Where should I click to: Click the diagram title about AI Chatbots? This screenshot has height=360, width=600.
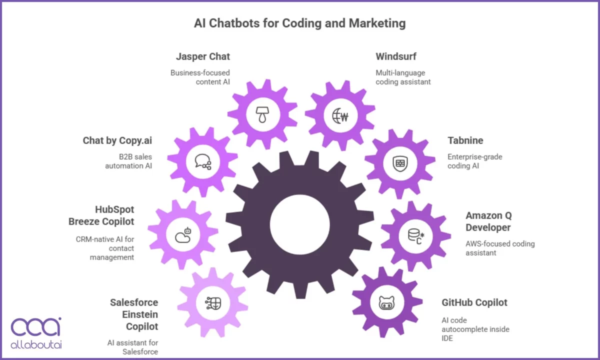pyautogui.click(x=299, y=23)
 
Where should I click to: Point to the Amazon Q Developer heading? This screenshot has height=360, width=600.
pyautogui.click(x=488, y=221)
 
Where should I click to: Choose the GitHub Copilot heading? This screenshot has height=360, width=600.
pyautogui.click(x=474, y=302)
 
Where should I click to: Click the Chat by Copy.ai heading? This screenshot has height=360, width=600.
pyautogui.click(x=117, y=140)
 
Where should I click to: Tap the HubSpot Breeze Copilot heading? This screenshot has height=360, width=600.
pyautogui.click(x=114, y=215)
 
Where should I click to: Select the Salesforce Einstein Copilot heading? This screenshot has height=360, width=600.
pyautogui.click(x=133, y=314)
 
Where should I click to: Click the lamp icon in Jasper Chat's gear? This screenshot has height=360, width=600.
pyautogui.click(x=262, y=114)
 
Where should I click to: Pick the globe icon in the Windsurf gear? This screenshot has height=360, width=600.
pyautogui.click(x=340, y=115)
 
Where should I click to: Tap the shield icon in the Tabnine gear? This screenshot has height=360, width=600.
pyautogui.click(x=399, y=163)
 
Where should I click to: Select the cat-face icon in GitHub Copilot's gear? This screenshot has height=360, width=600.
pyautogui.click(x=386, y=302)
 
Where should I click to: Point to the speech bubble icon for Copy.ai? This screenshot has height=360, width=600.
pyautogui.click(x=202, y=161)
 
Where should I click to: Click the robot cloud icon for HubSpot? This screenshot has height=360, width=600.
pyautogui.click(x=183, y=234)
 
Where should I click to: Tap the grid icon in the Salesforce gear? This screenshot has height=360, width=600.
pyautogui.click(x=212, y=302)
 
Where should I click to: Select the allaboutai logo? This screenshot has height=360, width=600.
pyautogui.click(x=36, y=332)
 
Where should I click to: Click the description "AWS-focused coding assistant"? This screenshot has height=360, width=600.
pyautogui.click(x=500, y=248)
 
